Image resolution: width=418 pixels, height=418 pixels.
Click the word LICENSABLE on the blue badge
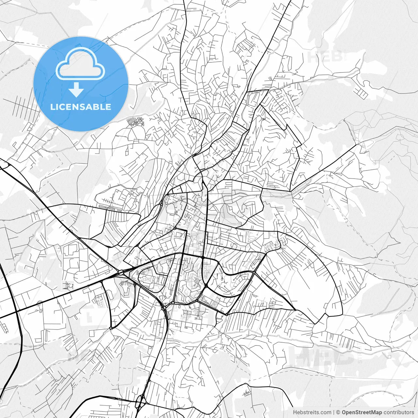81,107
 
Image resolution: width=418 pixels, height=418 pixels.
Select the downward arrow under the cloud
76,90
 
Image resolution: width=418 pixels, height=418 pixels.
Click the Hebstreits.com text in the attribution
312,412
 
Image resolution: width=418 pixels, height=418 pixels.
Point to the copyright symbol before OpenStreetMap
338,412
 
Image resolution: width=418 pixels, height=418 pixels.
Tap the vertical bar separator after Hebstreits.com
333,412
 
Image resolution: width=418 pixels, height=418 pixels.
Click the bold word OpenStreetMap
362,412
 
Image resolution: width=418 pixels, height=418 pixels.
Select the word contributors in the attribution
398,412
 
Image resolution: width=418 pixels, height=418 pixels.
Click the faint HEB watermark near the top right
325,56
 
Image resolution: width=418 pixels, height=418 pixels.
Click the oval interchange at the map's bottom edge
141,401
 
